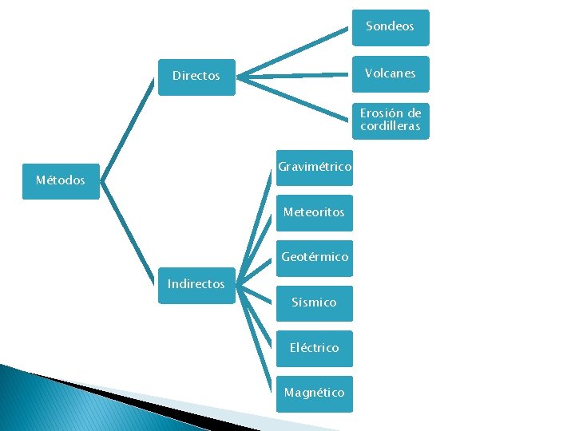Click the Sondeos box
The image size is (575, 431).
tap(390, 27)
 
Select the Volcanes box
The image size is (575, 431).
tap(390, 73)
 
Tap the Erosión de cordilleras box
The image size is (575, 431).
tap(390, 121)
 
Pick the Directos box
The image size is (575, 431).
tap(196, 77)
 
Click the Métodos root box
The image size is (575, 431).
tap(61, 181)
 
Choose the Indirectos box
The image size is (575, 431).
tap(196, 284)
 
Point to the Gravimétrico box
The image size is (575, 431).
tap(315, 167)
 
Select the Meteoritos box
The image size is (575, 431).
tap(315, 212)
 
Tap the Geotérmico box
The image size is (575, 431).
tap(315, 257)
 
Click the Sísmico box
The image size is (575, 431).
tap(315, 302)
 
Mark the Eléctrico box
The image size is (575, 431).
tap(315, 348)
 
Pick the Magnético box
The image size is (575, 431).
tap(315, 393)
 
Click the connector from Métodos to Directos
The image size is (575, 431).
tap(128, 128)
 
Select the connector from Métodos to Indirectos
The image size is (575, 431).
tap(128, 231)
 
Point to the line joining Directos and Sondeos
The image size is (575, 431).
tap(295, 53)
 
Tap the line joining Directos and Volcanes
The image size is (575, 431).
tap(295, 76)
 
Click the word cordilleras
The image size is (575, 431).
tap(390, 127)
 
